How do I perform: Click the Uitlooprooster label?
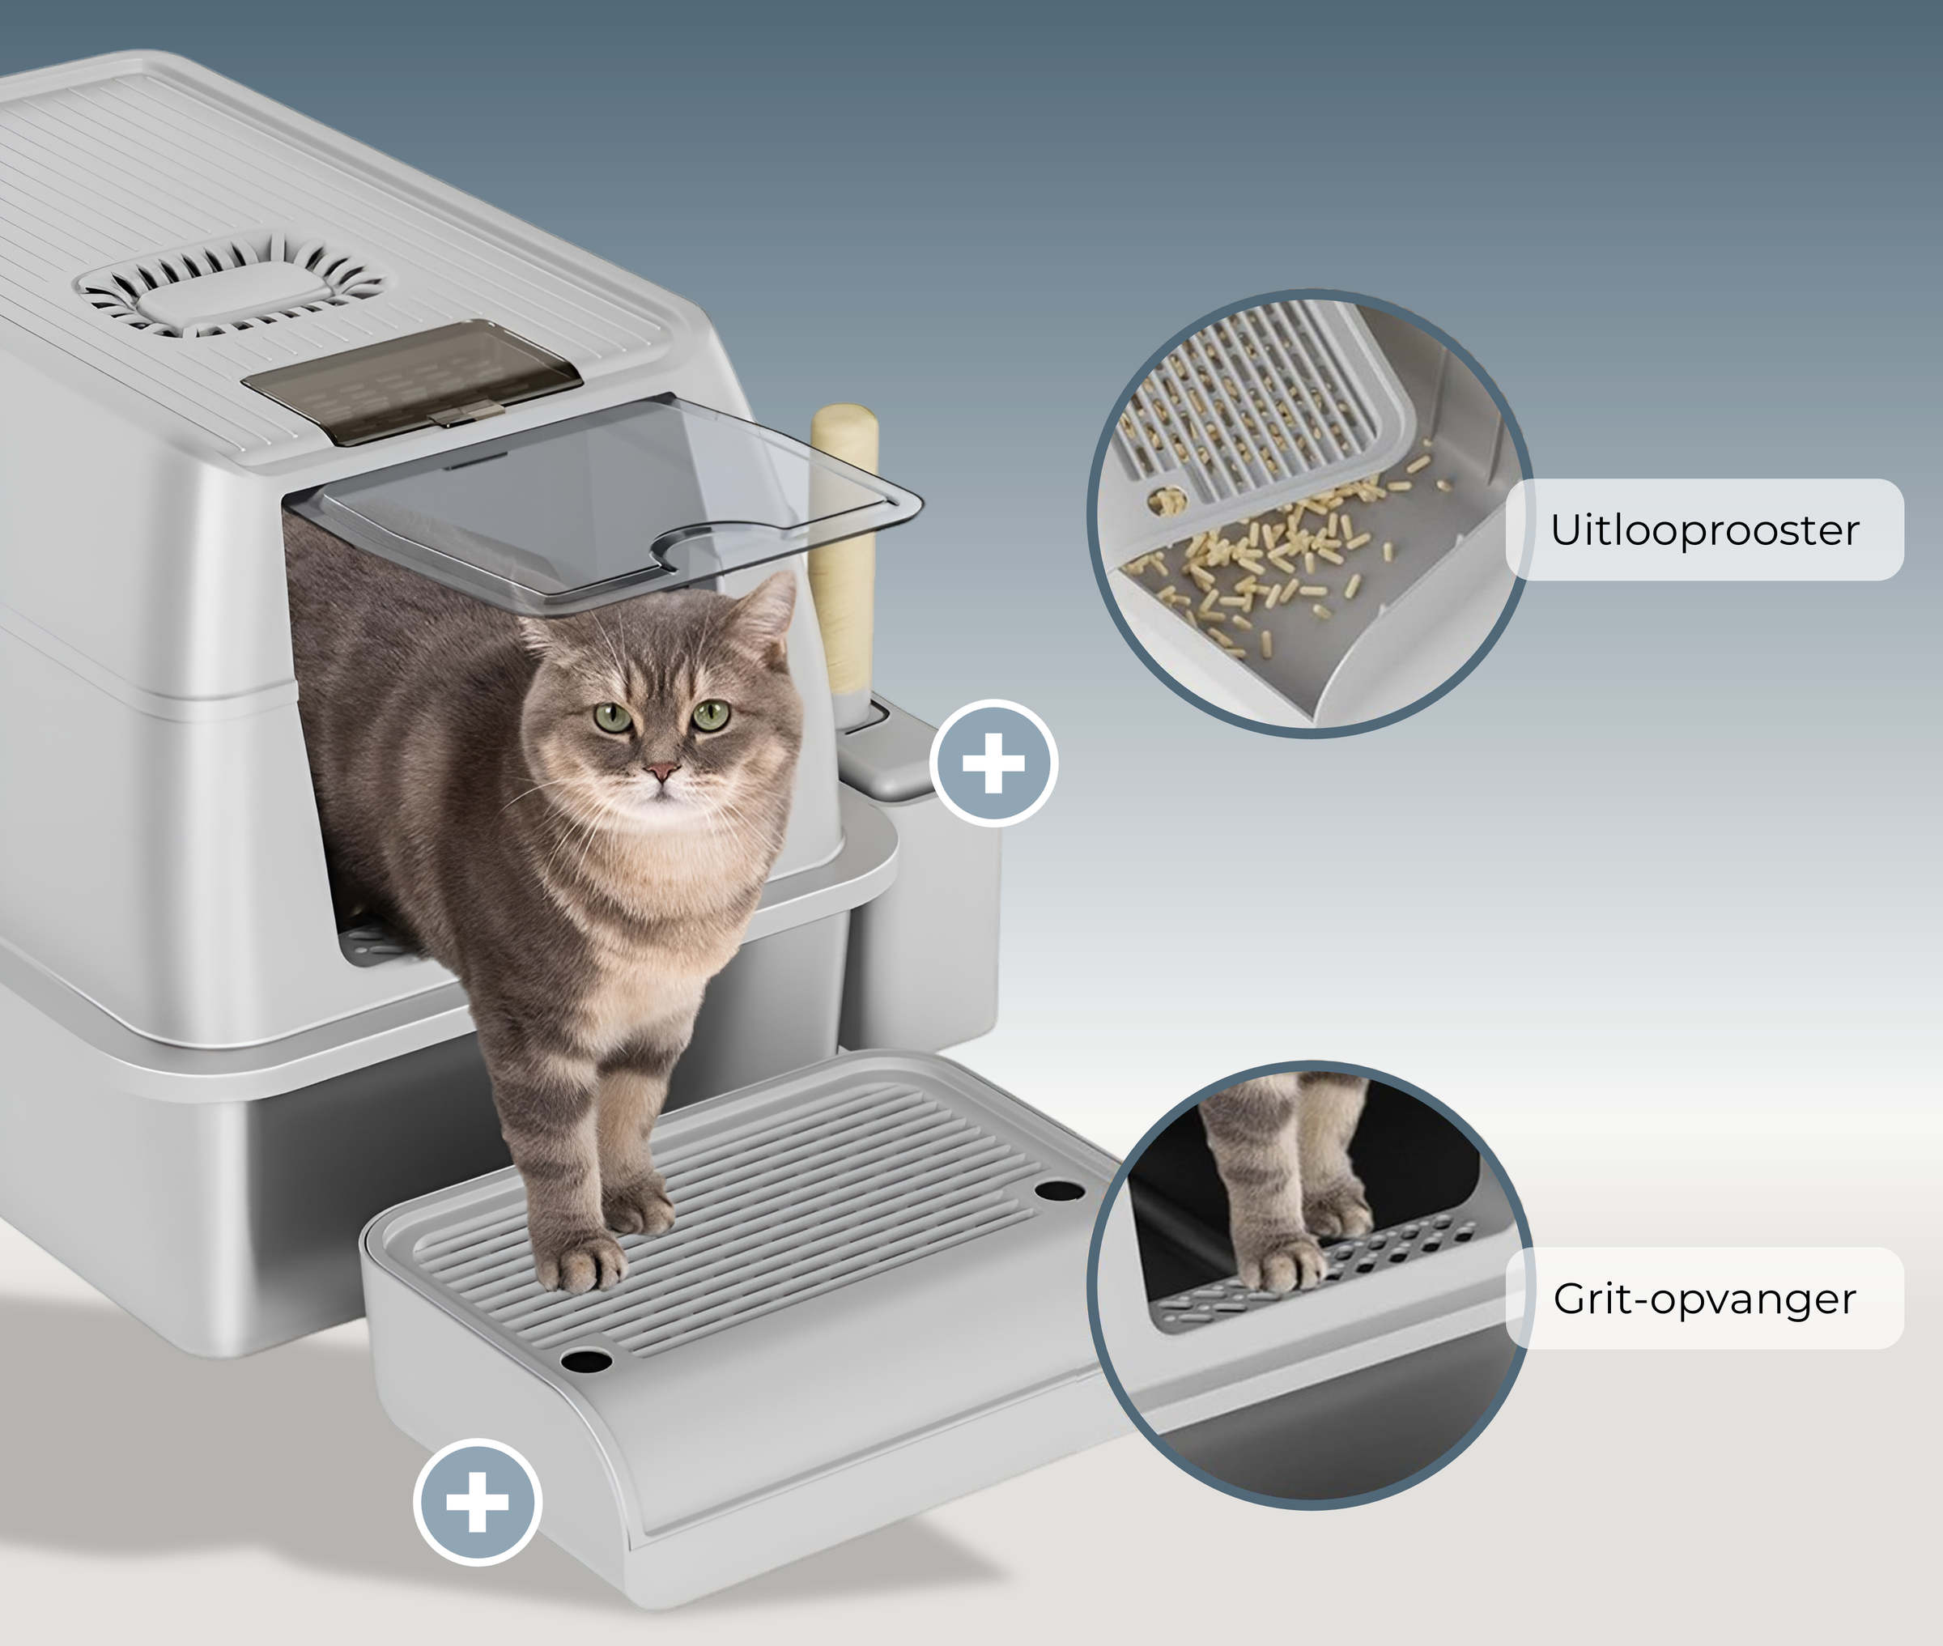click(1704, 530)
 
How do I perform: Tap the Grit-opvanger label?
click(1704, 1298)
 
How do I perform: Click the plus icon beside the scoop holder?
click(993, 763)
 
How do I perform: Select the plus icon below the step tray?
click(477, 1501)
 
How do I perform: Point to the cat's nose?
click(661, 772)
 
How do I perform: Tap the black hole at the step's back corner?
click(1059, 1191)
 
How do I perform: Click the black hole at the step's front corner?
click(588, 1360)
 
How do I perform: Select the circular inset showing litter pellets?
click(1310, 513)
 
